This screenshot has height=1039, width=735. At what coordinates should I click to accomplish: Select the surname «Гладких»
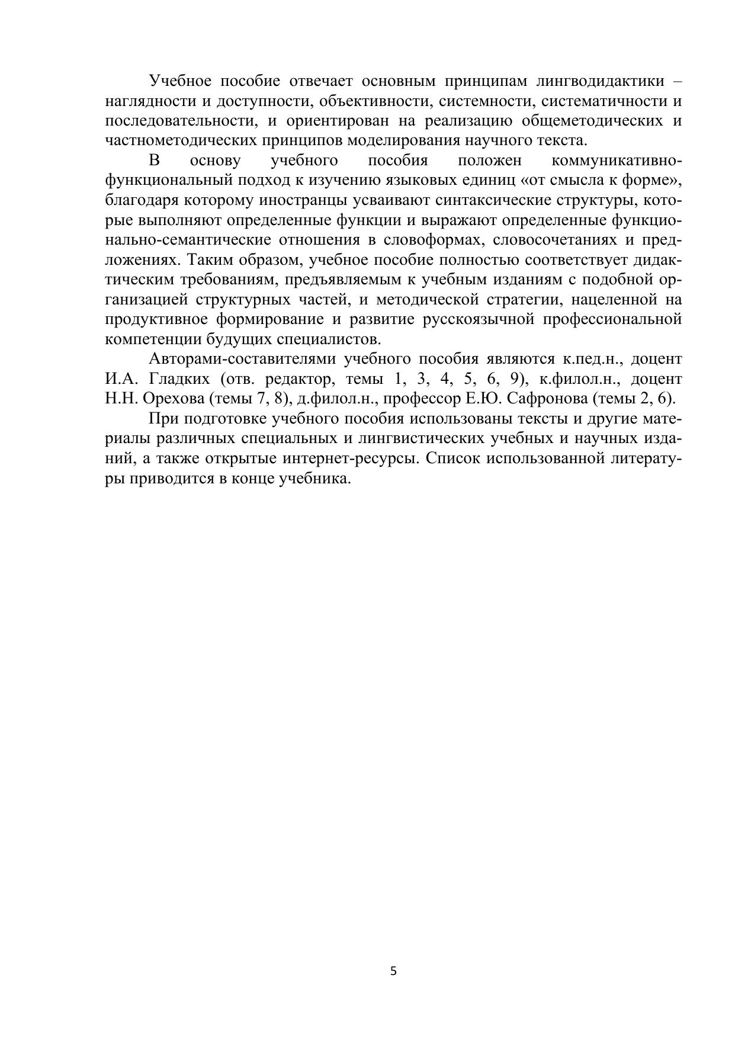[x=178, y=379]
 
